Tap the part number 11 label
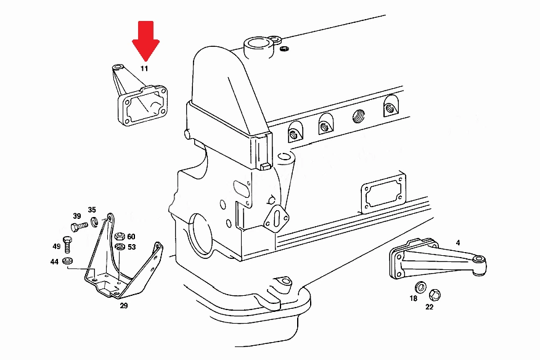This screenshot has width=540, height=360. point(144,68)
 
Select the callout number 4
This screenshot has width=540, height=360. point(457,243)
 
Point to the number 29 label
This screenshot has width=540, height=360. point(124,306)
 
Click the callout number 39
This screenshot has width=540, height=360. point(77,216)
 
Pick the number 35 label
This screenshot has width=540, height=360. point(92,210)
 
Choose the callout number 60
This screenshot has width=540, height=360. point(131,237)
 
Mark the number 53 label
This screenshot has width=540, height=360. point(131,247)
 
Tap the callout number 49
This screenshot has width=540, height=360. point(57,247)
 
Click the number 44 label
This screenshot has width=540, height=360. point(54,262)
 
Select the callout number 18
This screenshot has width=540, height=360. point(414,298)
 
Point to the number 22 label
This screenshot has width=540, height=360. point(429,306)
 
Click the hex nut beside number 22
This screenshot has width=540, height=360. point(435,295)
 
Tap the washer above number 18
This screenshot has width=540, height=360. point(420,287)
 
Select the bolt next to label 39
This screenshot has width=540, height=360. point(79,227)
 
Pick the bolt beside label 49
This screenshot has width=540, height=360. point(68,244)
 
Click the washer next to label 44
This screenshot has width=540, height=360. point(68,261)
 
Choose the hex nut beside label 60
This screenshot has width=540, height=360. point(120,236)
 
